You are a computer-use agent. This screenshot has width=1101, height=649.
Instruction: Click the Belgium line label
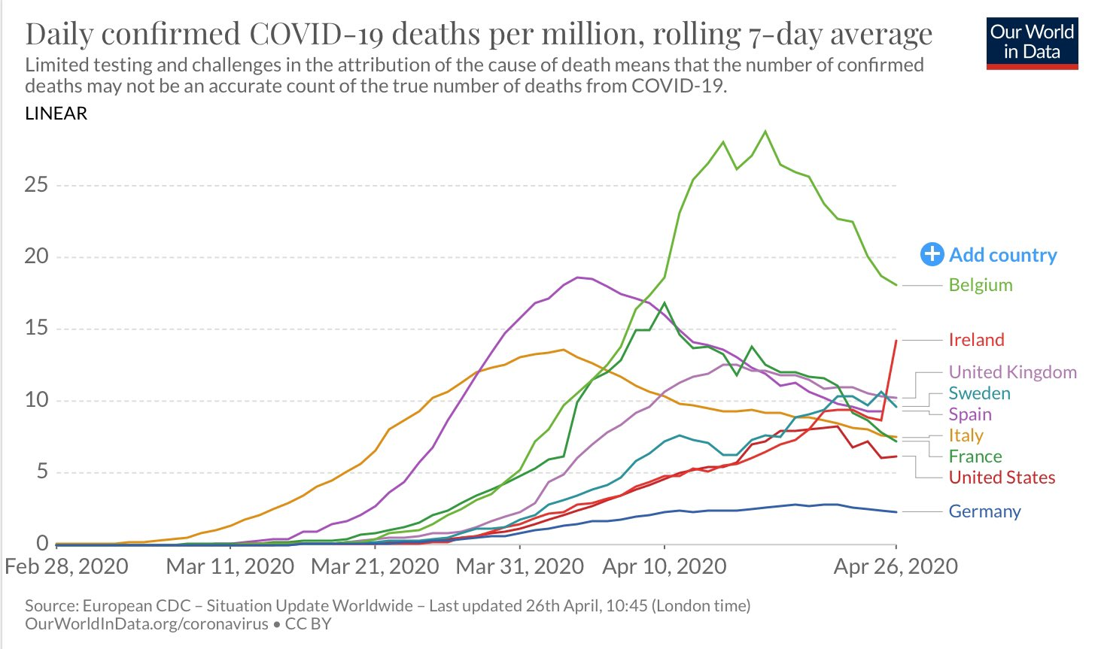(980, 285)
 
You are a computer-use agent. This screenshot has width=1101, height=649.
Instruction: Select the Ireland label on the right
(976, 340)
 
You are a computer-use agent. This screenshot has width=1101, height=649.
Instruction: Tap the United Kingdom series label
(1012, 372)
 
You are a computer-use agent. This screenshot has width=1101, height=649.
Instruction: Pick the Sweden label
(979, 393)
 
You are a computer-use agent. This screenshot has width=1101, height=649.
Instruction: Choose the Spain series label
(969, 414)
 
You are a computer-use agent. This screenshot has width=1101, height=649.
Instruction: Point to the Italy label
(966, 435)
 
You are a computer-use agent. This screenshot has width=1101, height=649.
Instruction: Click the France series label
(975, 456)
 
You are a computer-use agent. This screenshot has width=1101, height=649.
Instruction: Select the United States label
(1002, 478)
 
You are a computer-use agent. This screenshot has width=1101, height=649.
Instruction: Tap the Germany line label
(984, 511)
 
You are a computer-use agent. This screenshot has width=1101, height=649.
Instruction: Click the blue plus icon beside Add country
(932, 255)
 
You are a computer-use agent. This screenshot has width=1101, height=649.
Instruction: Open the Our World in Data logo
(1032, 43)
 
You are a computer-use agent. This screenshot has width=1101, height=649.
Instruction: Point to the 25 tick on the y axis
(36, 185)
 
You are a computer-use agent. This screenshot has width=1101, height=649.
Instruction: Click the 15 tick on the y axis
(36, 329)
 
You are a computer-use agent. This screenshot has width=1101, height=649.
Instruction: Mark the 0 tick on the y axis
(42, 543)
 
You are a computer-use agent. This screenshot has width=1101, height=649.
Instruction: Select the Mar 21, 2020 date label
(375, 566)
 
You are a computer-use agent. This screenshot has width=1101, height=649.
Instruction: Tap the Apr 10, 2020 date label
(665, 566)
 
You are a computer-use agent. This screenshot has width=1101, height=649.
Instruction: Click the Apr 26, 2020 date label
(896, 566)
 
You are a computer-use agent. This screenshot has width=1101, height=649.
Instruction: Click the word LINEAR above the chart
(56, 114)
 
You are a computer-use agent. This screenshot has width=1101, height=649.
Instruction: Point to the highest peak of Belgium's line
(765, 132)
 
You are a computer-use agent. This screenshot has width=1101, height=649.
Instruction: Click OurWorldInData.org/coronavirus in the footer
(147, 624)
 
